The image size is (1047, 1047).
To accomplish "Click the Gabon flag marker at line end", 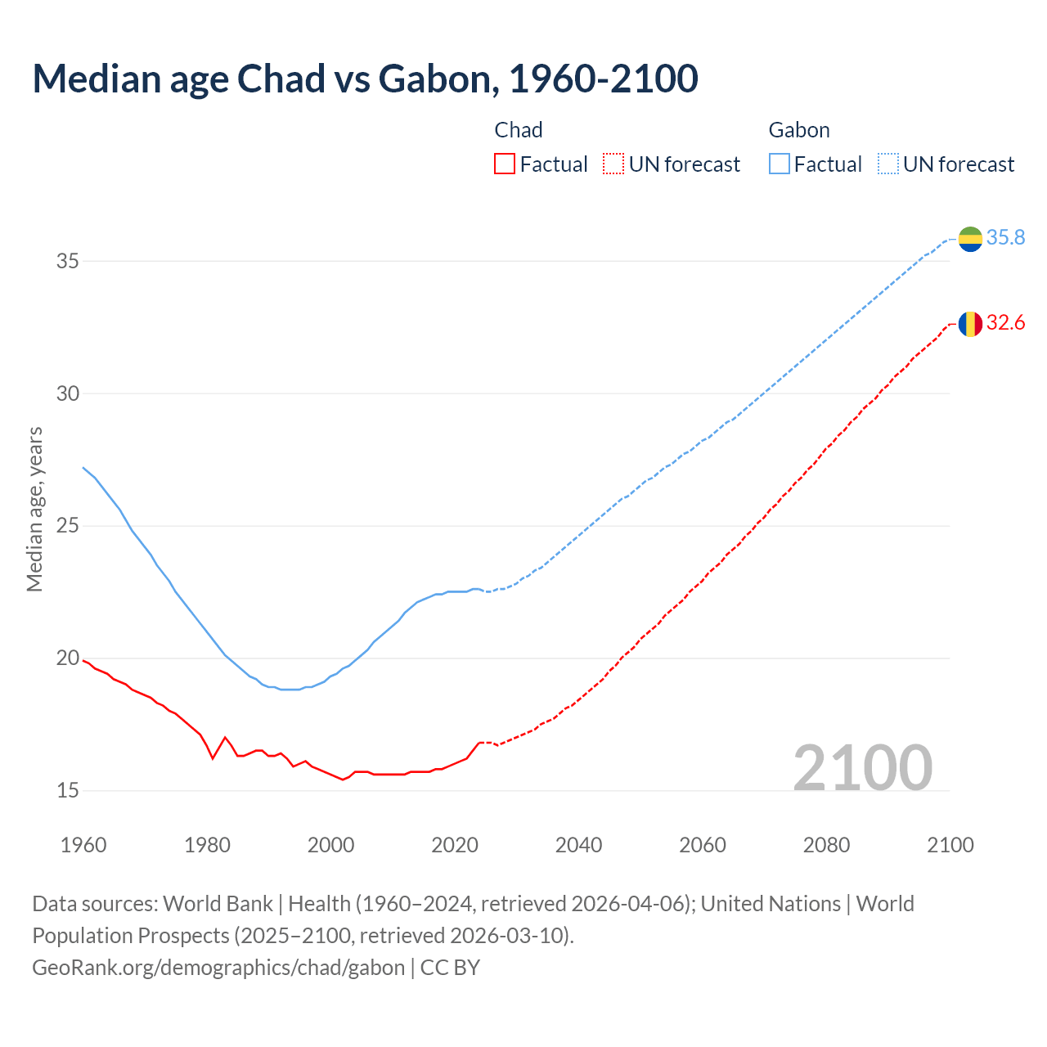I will [970, 239].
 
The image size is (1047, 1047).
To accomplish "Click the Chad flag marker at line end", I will [970, 324].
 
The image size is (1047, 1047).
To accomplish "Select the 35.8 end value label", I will [1005, 238].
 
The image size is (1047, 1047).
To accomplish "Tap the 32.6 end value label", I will [1005, 323].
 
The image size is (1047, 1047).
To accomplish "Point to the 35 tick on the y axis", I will [67, 262].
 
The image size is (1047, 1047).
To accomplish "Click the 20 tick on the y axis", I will [67, 658].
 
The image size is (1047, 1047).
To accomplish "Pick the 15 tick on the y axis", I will [67, 791].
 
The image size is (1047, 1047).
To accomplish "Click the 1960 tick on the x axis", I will [83, 845].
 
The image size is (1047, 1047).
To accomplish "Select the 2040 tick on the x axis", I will [578, 845].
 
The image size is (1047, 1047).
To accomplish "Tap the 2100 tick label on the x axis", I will [950, 845].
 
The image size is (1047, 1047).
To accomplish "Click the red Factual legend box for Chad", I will [505, 164].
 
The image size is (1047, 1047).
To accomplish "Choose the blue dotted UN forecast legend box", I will [888, 164].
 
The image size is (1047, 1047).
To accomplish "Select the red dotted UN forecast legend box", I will [613, 164].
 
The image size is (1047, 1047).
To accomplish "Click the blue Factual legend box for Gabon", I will [780, 164].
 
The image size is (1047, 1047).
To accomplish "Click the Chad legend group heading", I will [519, 130].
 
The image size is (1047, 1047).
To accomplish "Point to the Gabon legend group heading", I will [799, 130].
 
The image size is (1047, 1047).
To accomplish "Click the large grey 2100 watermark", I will [862, 767].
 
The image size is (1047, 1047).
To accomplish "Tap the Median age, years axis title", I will [34, 509].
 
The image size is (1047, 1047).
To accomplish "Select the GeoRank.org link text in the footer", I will [218, 968].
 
